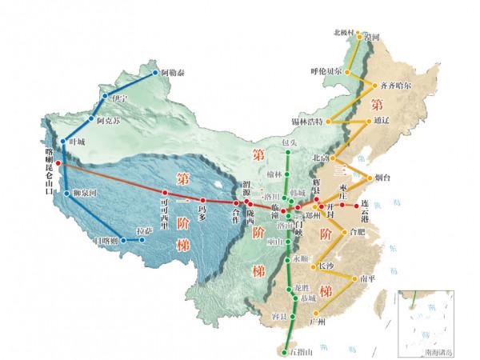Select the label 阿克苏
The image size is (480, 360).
[x=108, y=120]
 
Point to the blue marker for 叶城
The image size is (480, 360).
[x=64, y=140]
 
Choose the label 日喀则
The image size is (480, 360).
[x=106, y=240]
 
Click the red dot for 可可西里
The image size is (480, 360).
[x=164, y=193]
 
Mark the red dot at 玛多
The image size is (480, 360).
[x=203, y=200]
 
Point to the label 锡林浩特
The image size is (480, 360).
[x=306, y=122]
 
